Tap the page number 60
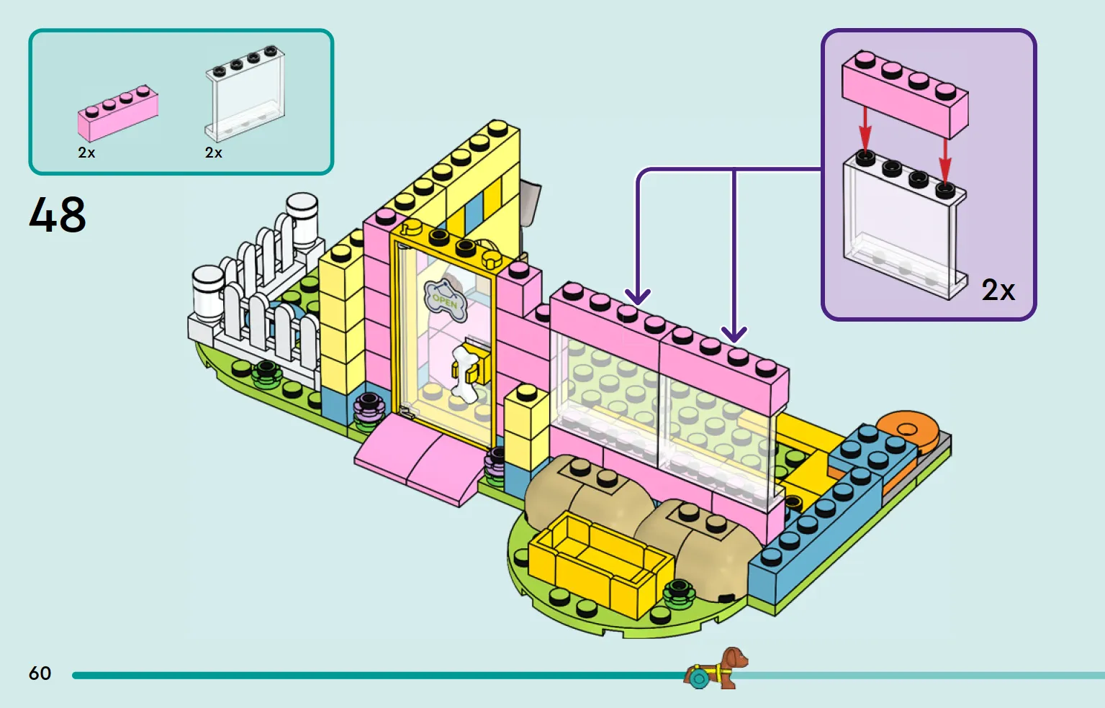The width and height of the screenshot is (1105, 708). (40, 673)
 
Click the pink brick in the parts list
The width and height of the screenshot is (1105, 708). (118, 112)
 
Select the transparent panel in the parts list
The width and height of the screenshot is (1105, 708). (245, 94)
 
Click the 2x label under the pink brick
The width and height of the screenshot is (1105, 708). (86, 153)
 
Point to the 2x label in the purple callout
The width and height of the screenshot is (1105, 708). (998, 290)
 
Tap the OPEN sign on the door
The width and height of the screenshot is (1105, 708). (446, 300)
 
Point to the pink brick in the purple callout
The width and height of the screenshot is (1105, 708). (905, 94)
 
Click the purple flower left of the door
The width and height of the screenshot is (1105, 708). (369, 412)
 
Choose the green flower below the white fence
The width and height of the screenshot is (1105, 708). (266, 375)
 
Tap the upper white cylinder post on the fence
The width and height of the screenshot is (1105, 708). (302, 219)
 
